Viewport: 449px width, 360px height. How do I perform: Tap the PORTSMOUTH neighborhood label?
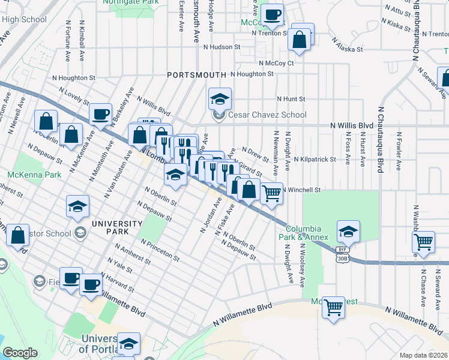(x=197, y=74)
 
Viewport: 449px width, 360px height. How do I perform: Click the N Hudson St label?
(x=221, y=46)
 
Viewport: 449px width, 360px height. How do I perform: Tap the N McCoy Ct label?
(x=276, y=62)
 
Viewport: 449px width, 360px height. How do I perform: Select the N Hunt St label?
(x=291, y=99)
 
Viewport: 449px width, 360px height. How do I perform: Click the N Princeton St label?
(x=160, y=250)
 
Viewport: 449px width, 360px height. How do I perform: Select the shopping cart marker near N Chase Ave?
(x=424, y=241)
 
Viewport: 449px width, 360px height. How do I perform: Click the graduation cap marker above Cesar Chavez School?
(x=220, y=98)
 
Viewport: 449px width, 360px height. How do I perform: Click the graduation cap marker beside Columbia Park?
(x=348, y=232)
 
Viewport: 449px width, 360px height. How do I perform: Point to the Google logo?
(x=20, y=353)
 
